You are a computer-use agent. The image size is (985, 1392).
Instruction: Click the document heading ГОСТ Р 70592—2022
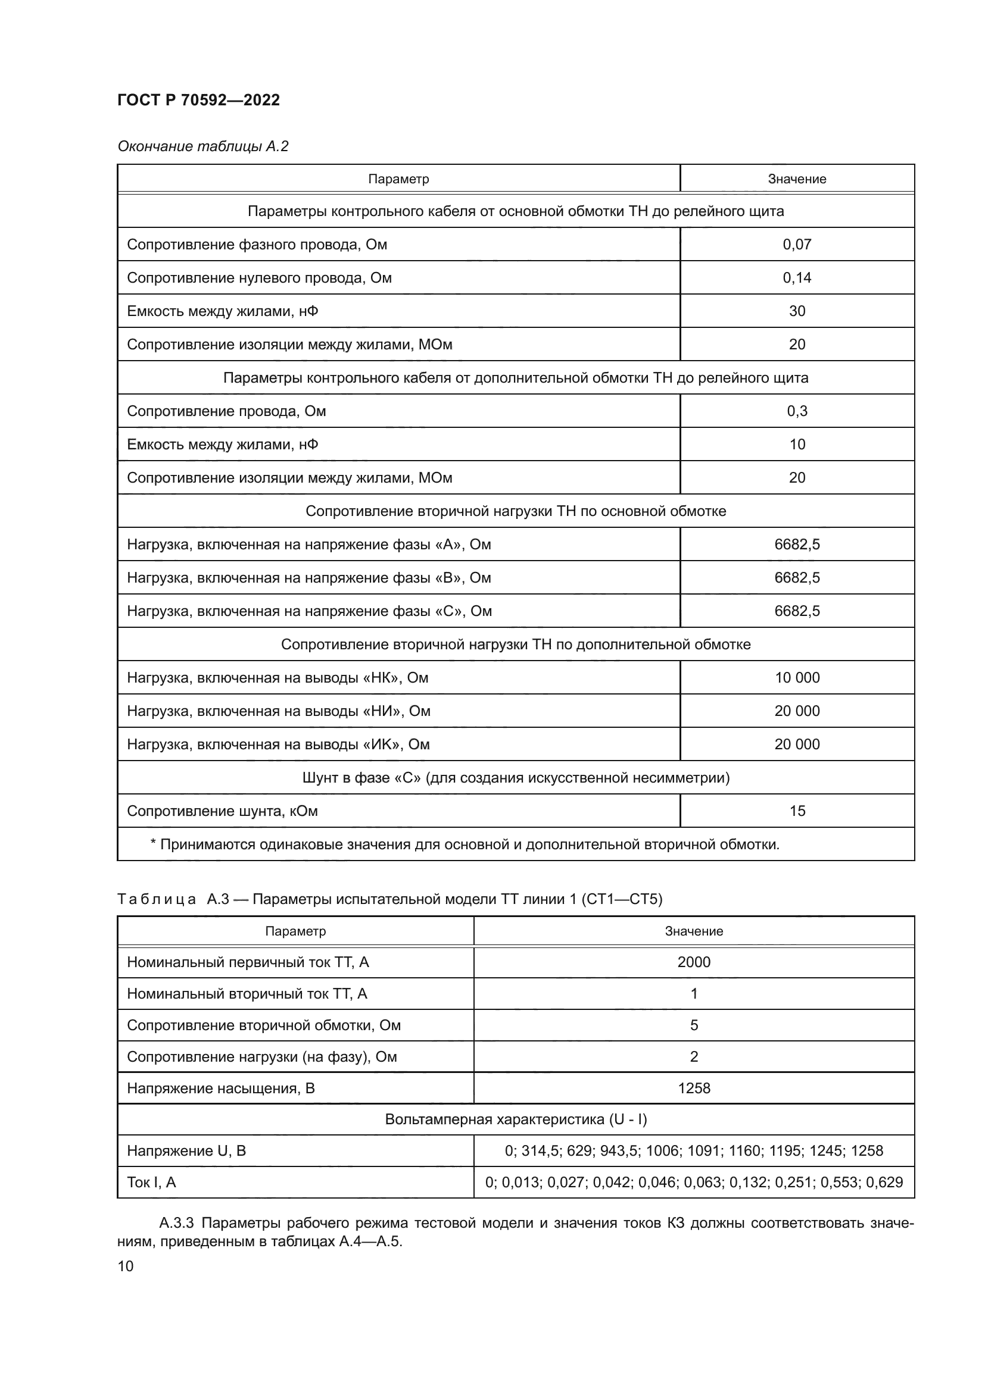pos(198,100)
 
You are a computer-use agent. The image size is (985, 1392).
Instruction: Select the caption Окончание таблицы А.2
pos(202,146)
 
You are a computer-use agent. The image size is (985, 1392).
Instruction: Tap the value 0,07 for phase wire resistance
pos(796,245)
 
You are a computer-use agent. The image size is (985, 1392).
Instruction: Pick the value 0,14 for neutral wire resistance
pos(796,278)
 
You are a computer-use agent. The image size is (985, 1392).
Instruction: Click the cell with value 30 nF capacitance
pos(796,311)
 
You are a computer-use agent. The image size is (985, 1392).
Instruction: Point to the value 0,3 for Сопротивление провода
pos(796,411)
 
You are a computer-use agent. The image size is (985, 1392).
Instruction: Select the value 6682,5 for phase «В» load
pos(796,578)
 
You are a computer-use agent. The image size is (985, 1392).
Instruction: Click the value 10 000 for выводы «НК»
pos(796,678)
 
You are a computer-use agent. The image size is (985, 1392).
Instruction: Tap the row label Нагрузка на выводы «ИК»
pos(278,745)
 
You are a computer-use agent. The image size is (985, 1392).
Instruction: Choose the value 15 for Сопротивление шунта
pos(796,811)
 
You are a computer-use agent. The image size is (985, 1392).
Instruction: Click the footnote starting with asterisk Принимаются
pos(464,844)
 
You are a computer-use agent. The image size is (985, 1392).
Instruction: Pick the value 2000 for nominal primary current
pos(693,962)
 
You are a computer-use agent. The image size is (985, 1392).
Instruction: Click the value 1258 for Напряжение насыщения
pos(693,1088)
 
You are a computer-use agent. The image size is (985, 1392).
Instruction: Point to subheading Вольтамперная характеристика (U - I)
pos(516,1120)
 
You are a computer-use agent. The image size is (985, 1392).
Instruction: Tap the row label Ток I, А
pos(151,1183)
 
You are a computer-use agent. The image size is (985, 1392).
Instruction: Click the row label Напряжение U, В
pos(186,1151)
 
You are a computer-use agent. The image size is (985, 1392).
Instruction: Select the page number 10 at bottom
pos(125,1266)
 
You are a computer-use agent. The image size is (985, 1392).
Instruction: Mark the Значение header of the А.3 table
pos(693,931)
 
